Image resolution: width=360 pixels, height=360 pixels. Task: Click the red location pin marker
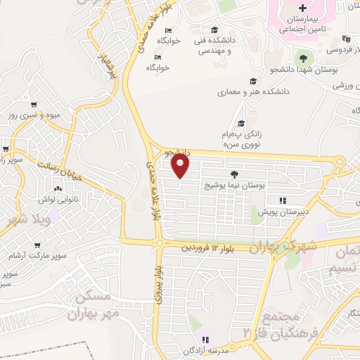click(181, 166)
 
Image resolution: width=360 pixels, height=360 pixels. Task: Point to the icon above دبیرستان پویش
click(283, 200)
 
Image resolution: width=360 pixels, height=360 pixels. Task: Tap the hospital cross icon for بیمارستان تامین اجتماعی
click(302, 8)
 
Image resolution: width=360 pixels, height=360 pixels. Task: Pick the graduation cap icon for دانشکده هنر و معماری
click(252, 81)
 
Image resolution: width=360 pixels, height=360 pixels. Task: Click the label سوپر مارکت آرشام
click(39, 254)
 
